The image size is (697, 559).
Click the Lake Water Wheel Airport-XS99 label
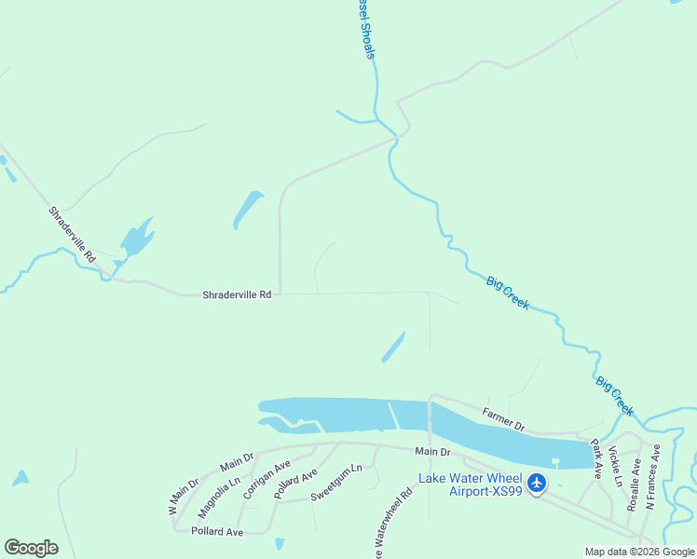tap(471, 484)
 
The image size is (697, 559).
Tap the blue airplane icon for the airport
tap(537, 483)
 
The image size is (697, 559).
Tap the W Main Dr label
tap(184, 497)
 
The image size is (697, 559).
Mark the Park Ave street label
tap(596, 458)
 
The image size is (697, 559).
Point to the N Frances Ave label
tap(652, 475)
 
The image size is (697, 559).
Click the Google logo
tap(31, 548)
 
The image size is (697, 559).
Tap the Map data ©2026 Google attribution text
tap(639, 552)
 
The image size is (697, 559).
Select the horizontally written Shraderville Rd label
tap(237, 294)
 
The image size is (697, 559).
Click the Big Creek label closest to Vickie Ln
tap(615, 396)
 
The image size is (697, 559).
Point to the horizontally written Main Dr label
tap(432, 452)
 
